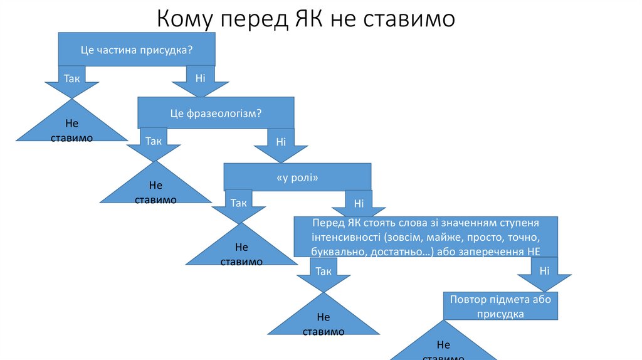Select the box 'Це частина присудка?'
(137, 50)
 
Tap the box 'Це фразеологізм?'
(216, 113)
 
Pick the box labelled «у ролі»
(297, 177)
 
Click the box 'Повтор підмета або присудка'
(500, 307)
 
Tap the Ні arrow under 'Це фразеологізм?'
(281, 146)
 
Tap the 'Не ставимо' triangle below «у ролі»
(241, 251)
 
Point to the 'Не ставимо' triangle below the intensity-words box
(324, 321)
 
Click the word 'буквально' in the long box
(335, 251)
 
